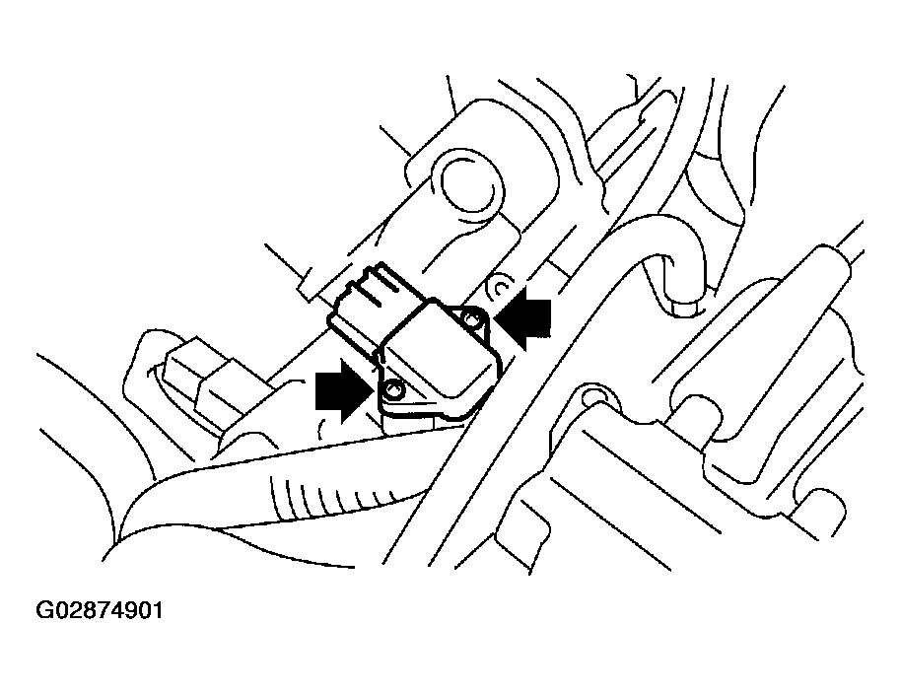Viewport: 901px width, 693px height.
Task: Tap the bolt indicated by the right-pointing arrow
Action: (394, 392)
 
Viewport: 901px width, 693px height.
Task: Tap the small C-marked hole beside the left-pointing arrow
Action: (500, 288)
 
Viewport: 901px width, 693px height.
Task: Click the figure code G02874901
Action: (100, 610)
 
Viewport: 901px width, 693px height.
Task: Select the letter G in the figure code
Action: (45, 610)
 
